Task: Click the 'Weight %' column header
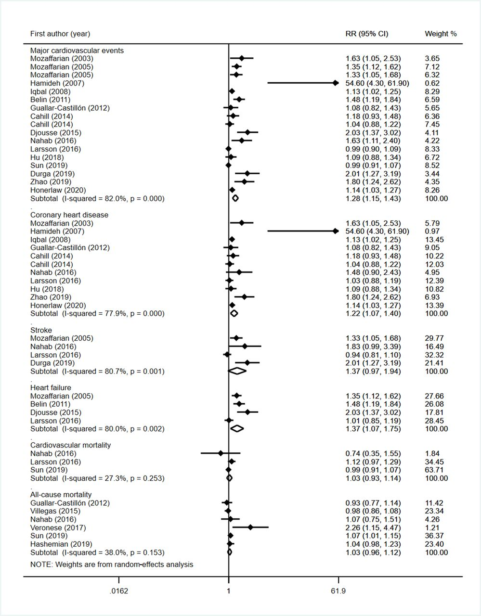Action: pyautogui.click(x=441, y=34)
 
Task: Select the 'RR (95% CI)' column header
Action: pyautogui.click(x=367, y=34)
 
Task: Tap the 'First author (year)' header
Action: pyautogui.click(x=60, y=34)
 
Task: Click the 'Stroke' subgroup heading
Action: pyautogui.click(x=41, y=330)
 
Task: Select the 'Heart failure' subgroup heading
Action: pyautogui.click(x=51, y=388)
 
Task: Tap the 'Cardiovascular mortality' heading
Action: pyautogui.click(x=70, y=445)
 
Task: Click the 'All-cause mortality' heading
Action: pyautogui.click(x=61, y=495)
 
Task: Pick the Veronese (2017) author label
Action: pyautogui.click(x=58, y=527)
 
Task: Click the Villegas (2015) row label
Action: pyautogui.click(x=55, y=511)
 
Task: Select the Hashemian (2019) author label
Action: pyautogui.click(x=61, y=544)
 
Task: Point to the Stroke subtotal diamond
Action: pyautogui.click(x=237, y=371)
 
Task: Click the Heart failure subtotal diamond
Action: pyautogui.click(x=237, y=428)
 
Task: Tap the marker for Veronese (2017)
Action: pyautogui.click(x=250, y=527)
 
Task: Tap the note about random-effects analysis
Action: pyautogui.click(x=112, y=564)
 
